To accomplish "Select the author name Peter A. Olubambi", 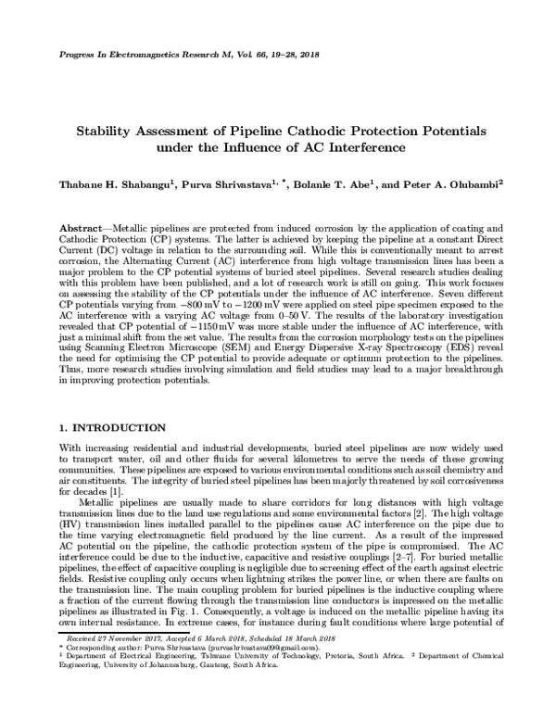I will pyautogui.click(x=453, y=184).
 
